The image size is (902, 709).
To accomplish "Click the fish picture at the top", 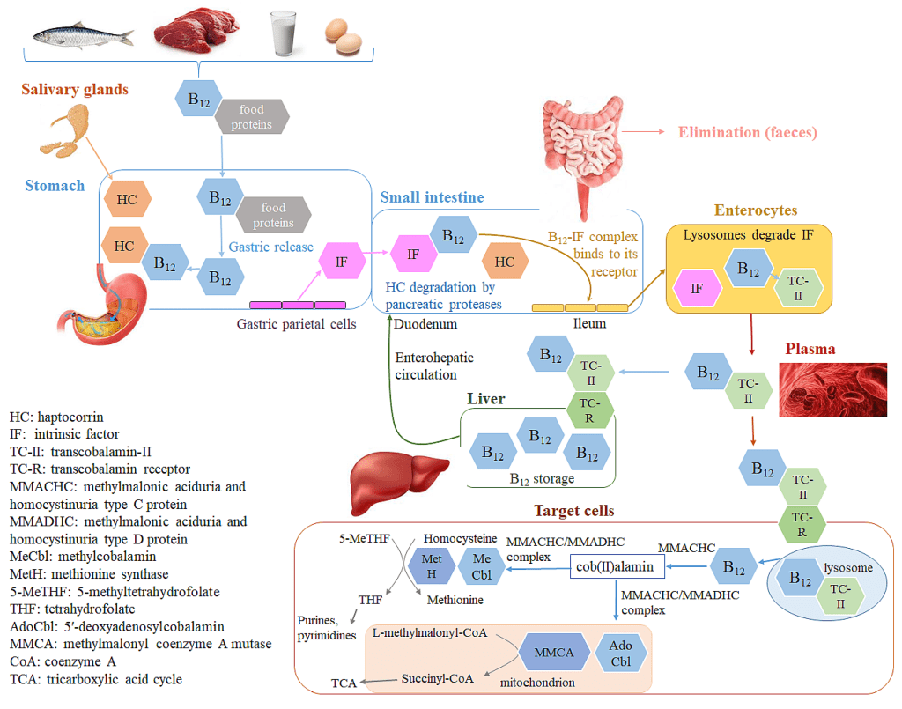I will (83, 34).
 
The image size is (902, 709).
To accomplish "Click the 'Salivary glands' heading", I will (75, 89).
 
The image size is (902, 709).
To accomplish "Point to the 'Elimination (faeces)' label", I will (747, 132).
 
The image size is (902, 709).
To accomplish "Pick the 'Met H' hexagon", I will (432, 566).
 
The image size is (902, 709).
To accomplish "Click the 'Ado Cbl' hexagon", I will (620, 653).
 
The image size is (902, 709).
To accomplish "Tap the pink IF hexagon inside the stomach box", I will (341, 262).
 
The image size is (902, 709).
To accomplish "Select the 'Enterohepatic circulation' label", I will (433, 366).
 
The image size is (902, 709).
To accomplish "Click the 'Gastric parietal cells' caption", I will (296, 323).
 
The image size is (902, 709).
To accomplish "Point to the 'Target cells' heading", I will (573, 511).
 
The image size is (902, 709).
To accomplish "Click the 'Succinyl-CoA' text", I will (438, 678).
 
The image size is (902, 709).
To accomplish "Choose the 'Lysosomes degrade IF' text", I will (747, 234).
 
